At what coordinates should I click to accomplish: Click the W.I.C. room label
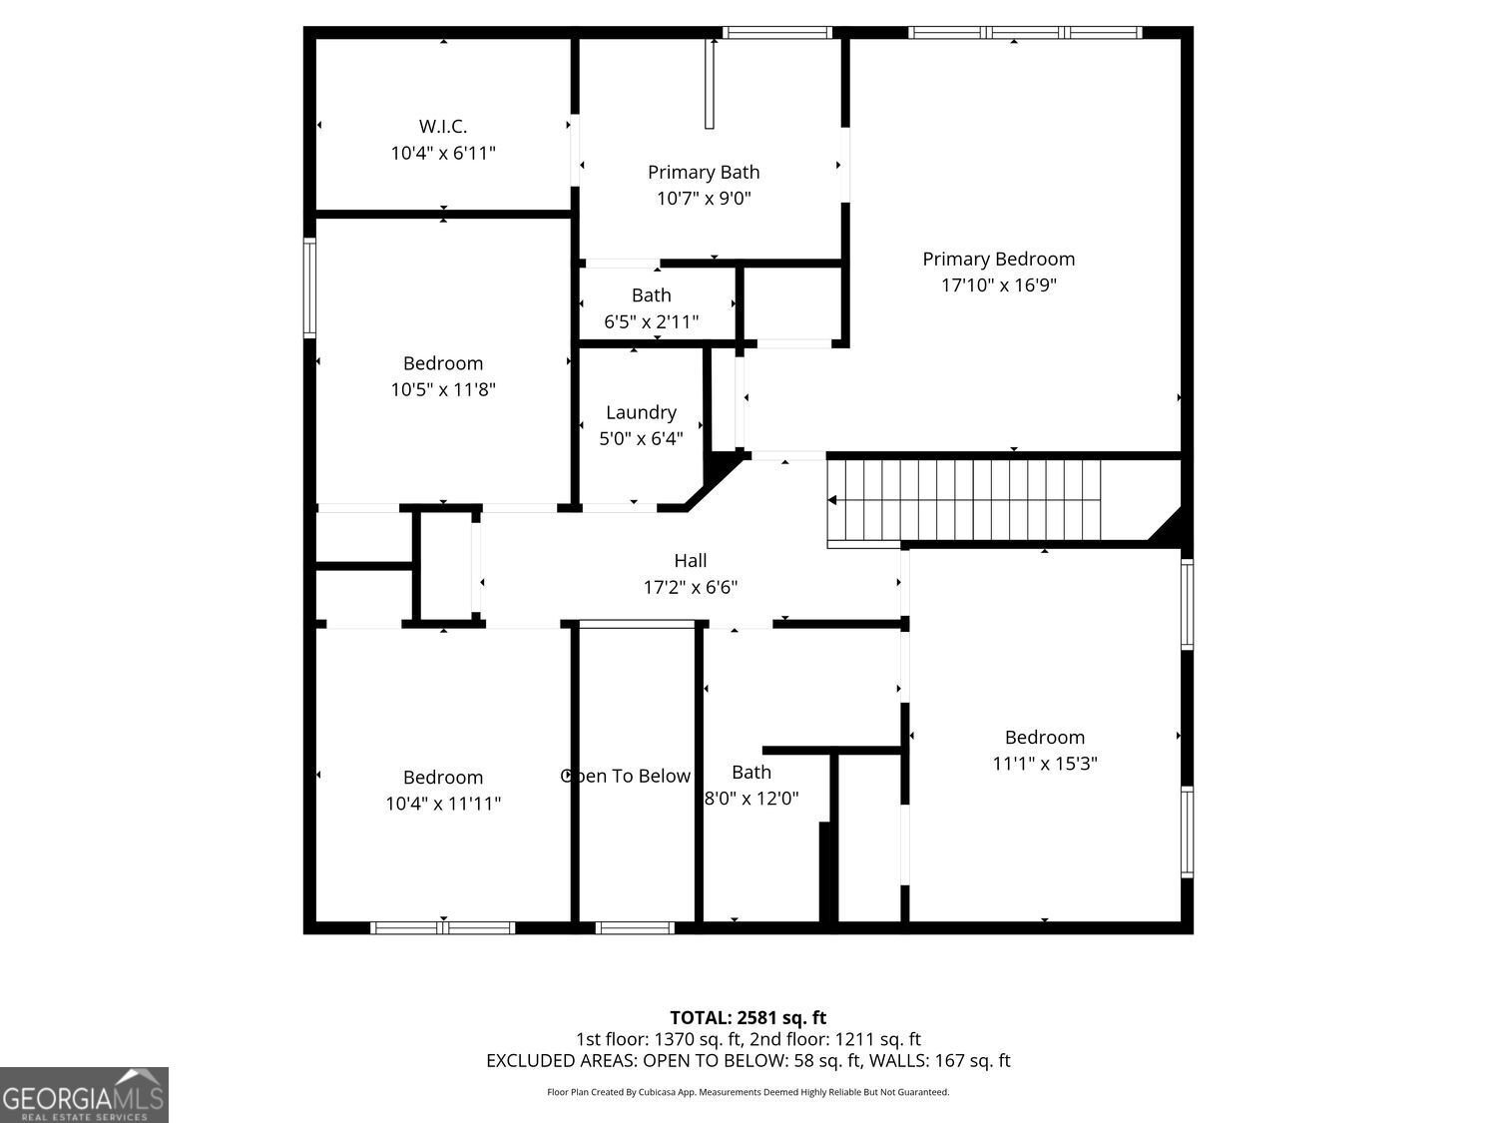point(442,127)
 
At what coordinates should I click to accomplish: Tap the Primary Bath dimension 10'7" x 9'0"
point(704,199)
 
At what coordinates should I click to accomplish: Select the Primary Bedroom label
point(998,259)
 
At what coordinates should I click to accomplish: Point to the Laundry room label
point(641,412)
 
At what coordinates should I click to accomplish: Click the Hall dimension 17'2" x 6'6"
point(690,587)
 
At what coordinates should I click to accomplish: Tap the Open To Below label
point(626,776)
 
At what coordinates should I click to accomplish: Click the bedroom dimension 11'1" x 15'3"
point(1044,764)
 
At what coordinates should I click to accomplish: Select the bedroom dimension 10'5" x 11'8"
point(443,389)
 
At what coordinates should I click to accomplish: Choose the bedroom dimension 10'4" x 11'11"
point(443,803)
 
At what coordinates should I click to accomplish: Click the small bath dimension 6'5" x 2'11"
point(651,321)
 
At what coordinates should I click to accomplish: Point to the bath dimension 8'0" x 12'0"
point(751,798)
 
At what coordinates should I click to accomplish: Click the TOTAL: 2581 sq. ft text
point(748,1017)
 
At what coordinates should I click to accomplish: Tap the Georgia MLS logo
point(84,1094)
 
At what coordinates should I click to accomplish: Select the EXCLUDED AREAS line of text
point(748,1060)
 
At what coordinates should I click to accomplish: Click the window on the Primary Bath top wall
point(776,33)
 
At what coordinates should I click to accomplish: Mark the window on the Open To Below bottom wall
point(635,927)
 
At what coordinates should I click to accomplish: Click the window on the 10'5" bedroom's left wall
point(310,287)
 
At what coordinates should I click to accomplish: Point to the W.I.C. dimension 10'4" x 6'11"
point(442,153)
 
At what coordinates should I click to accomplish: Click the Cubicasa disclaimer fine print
point(748,1092)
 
